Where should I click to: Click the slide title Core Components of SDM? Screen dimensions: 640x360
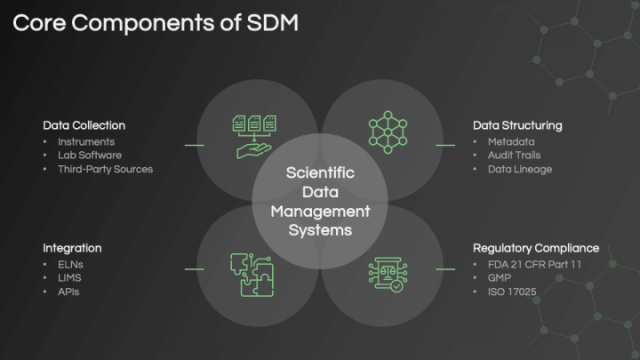coord(156,23)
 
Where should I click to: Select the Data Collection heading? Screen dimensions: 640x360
coord(84,125)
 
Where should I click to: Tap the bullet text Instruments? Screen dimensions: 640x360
coord(86,141)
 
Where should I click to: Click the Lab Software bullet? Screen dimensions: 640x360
coord(90,155)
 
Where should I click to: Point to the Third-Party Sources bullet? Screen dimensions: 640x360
coord(105,169)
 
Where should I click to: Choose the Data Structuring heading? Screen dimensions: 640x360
coord(517,125)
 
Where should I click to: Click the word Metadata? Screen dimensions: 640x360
coord(511,141)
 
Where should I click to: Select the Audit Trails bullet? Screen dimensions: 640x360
coord(514,155)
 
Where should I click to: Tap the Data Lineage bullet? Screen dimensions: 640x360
coord(520,169)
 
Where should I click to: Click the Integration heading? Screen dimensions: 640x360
coord(72,248)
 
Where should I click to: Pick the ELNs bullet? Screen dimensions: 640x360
coord(70,265)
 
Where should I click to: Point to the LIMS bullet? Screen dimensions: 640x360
coord(69,278)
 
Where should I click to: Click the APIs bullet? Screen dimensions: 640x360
coord(68,292)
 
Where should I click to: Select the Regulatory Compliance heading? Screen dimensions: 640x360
coord(536,248)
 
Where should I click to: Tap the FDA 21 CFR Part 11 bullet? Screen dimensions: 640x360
coord(534,265)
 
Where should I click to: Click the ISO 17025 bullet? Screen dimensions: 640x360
coord(512,292)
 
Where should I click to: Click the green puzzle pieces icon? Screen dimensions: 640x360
coord(252,275)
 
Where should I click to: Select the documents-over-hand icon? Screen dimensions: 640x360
coord(254,137)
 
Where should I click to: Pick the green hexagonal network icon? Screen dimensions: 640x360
coord(388,132)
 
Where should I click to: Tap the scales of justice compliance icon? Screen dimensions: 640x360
coord(388,275)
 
